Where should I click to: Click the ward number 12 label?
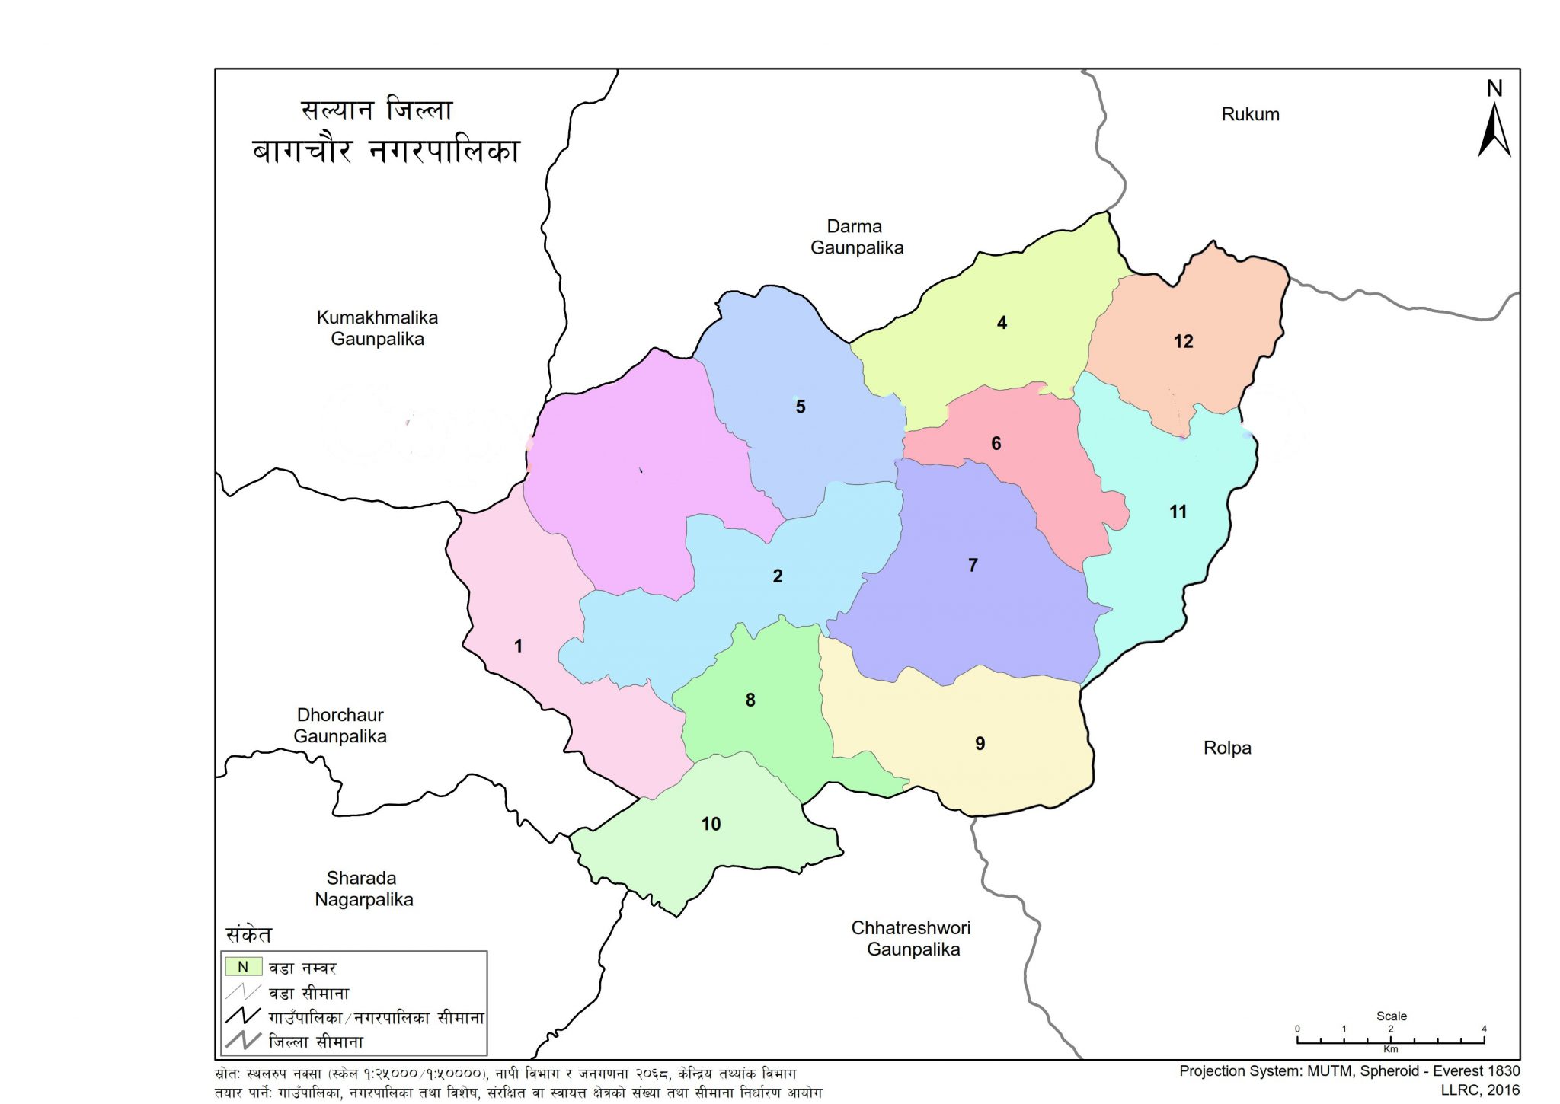1183,342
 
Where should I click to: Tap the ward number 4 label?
1002,323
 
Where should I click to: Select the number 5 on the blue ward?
801,407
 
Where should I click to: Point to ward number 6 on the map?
996,443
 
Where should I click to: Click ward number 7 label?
973,565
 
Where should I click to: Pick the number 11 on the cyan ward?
1178,512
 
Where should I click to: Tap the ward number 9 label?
980,743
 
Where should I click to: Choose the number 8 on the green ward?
750,700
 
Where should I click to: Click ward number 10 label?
711,824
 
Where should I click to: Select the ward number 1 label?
518,646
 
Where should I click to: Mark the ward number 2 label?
778,576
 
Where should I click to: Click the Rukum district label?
1250,114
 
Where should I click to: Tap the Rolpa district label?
1227,748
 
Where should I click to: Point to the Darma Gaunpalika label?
856,237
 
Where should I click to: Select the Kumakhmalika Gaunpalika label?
377,328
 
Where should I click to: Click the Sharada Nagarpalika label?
363,889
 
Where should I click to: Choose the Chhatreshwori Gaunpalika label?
912,938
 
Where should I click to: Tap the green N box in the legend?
243,967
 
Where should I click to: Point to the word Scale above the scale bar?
1391,1016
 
